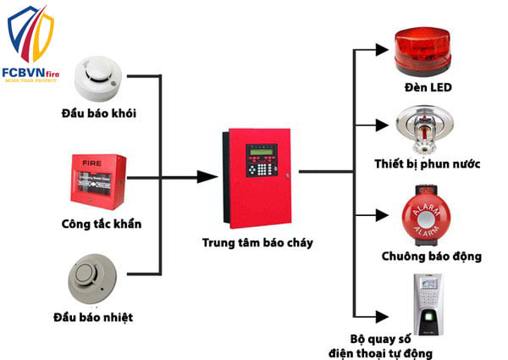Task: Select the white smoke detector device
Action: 98,77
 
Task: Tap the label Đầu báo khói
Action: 99,114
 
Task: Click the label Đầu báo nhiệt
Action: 98,318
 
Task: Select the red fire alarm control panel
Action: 257,177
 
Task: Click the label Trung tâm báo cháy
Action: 257,243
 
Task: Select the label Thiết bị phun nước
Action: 428,164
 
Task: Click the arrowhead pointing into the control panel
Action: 205,177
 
